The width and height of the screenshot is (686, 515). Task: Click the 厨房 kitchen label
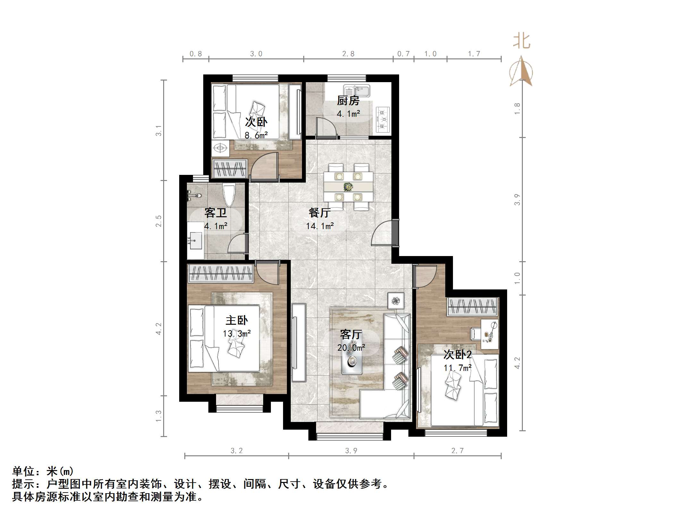[x=348, y=101]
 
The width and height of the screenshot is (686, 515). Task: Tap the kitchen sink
[x=356, y=90]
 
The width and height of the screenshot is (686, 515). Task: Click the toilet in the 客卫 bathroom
[x=229, y=194]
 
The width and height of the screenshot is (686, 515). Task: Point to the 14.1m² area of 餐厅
[x=320, y=226]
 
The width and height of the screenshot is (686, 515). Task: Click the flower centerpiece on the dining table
[x=348, y=186]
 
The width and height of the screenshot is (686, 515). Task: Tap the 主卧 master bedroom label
[x=237, y=320]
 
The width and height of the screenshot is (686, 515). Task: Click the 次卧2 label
[x=457, y=355]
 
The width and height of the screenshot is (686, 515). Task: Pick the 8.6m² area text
[x=256, y=135]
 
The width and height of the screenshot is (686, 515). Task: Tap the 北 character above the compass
[x=522, y=41]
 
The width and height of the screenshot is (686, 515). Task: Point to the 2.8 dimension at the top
[x=348, y=54]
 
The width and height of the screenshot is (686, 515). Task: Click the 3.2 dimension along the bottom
[x=237, y=451]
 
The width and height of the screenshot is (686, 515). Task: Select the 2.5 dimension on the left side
[x=158, y=221]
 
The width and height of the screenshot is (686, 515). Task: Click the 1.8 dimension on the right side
[x=517, y=108]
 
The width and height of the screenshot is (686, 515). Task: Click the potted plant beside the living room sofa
[x=396, y=301]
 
